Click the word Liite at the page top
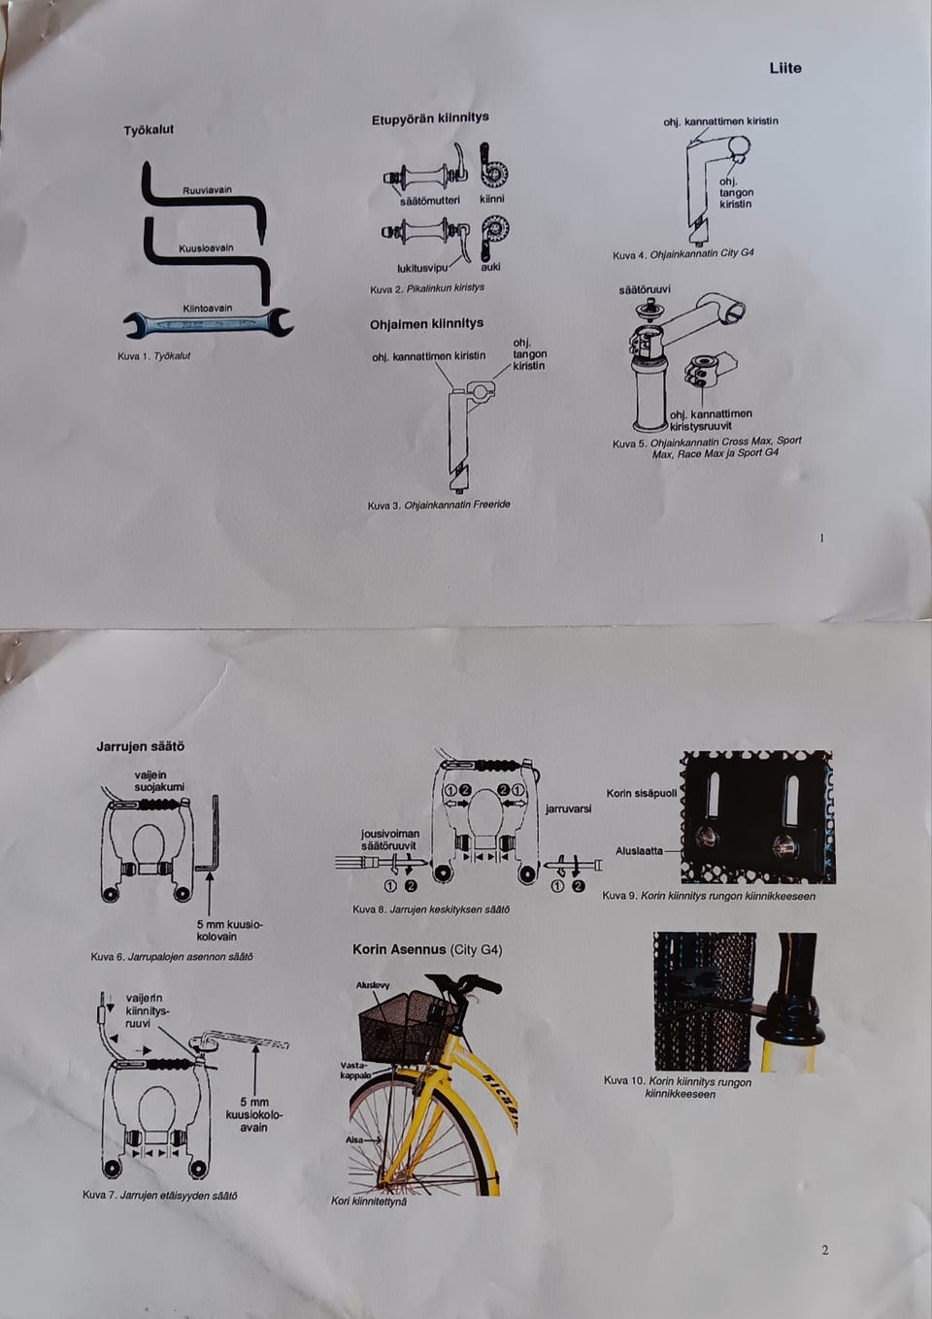(x=785, y=68)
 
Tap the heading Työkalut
(x=149, y=130)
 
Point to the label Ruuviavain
(x=207, y=190)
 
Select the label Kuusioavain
(x=206, y=248)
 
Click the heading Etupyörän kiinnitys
(x=430, y=118)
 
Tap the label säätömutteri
(x=429, y=200)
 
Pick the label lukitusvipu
(x=421, y=267)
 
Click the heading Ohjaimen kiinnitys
(x=426, y=324)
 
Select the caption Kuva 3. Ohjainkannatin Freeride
(x=439, y=505)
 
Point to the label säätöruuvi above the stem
(x=645, y=290)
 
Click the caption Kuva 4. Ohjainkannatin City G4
(x=682, y=254)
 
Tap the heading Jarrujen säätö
(x=140, y=746)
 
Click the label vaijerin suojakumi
(x=159, y=780)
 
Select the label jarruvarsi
(x=568, y=808)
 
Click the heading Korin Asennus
(x=427, y=949)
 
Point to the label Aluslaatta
(x=639, y=851)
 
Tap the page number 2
(x=825, y=1250)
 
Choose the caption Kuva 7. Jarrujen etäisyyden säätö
(x=160, y=1195)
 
